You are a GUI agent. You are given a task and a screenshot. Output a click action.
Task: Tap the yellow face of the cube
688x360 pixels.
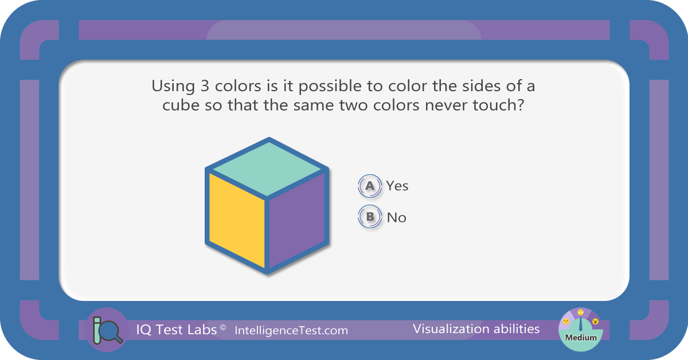pyautogui.click(x=237, y=220)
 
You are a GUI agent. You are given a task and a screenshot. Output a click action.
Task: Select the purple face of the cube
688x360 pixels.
pyautogui.click(x=297, y=220)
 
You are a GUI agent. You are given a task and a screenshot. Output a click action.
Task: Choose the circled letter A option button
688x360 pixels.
pyautogui.click(x=370, y=186)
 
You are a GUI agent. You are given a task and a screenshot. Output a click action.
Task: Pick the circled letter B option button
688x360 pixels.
pyautogui.click(x=370, y=217)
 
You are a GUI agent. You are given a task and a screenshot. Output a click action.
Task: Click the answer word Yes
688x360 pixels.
pyautogui.click(x=397, y=186)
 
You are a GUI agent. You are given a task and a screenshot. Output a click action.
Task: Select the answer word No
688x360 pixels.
pyautogui.click(x=397, y=217)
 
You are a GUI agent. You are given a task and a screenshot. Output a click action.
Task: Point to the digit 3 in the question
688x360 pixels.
pyautogui.click(x=205, y=86)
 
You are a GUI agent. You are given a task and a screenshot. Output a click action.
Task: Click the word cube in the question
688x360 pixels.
pyautogui.click(x=181, y=105)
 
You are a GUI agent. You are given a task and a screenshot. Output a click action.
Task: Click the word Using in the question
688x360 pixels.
pyautogui.click(x=173, y=87)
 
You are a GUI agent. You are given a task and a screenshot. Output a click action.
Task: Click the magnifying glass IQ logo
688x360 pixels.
pyautogui.click(x=107, y=330)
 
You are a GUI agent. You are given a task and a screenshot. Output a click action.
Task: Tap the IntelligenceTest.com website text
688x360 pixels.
pyautogui.click(x=291, y=331)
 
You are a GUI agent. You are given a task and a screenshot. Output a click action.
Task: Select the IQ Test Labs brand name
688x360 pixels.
pyautogui.click(x=177, y=330)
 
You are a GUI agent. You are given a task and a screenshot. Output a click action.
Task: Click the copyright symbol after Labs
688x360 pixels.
pyautogui.click(x=223, y=327)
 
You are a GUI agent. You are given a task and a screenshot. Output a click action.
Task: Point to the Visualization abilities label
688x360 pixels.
pyautogui.click(x=476, y=329)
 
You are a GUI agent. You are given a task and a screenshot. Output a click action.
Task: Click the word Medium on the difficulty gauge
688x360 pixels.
pyautogui.click(x=581, y=338)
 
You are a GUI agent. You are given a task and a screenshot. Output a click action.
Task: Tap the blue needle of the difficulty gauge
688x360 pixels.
pyautogui.click(x=580, y=324)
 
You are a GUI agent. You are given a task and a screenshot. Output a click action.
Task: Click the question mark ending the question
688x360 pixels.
pyautogui.click(x=521, y=105)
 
